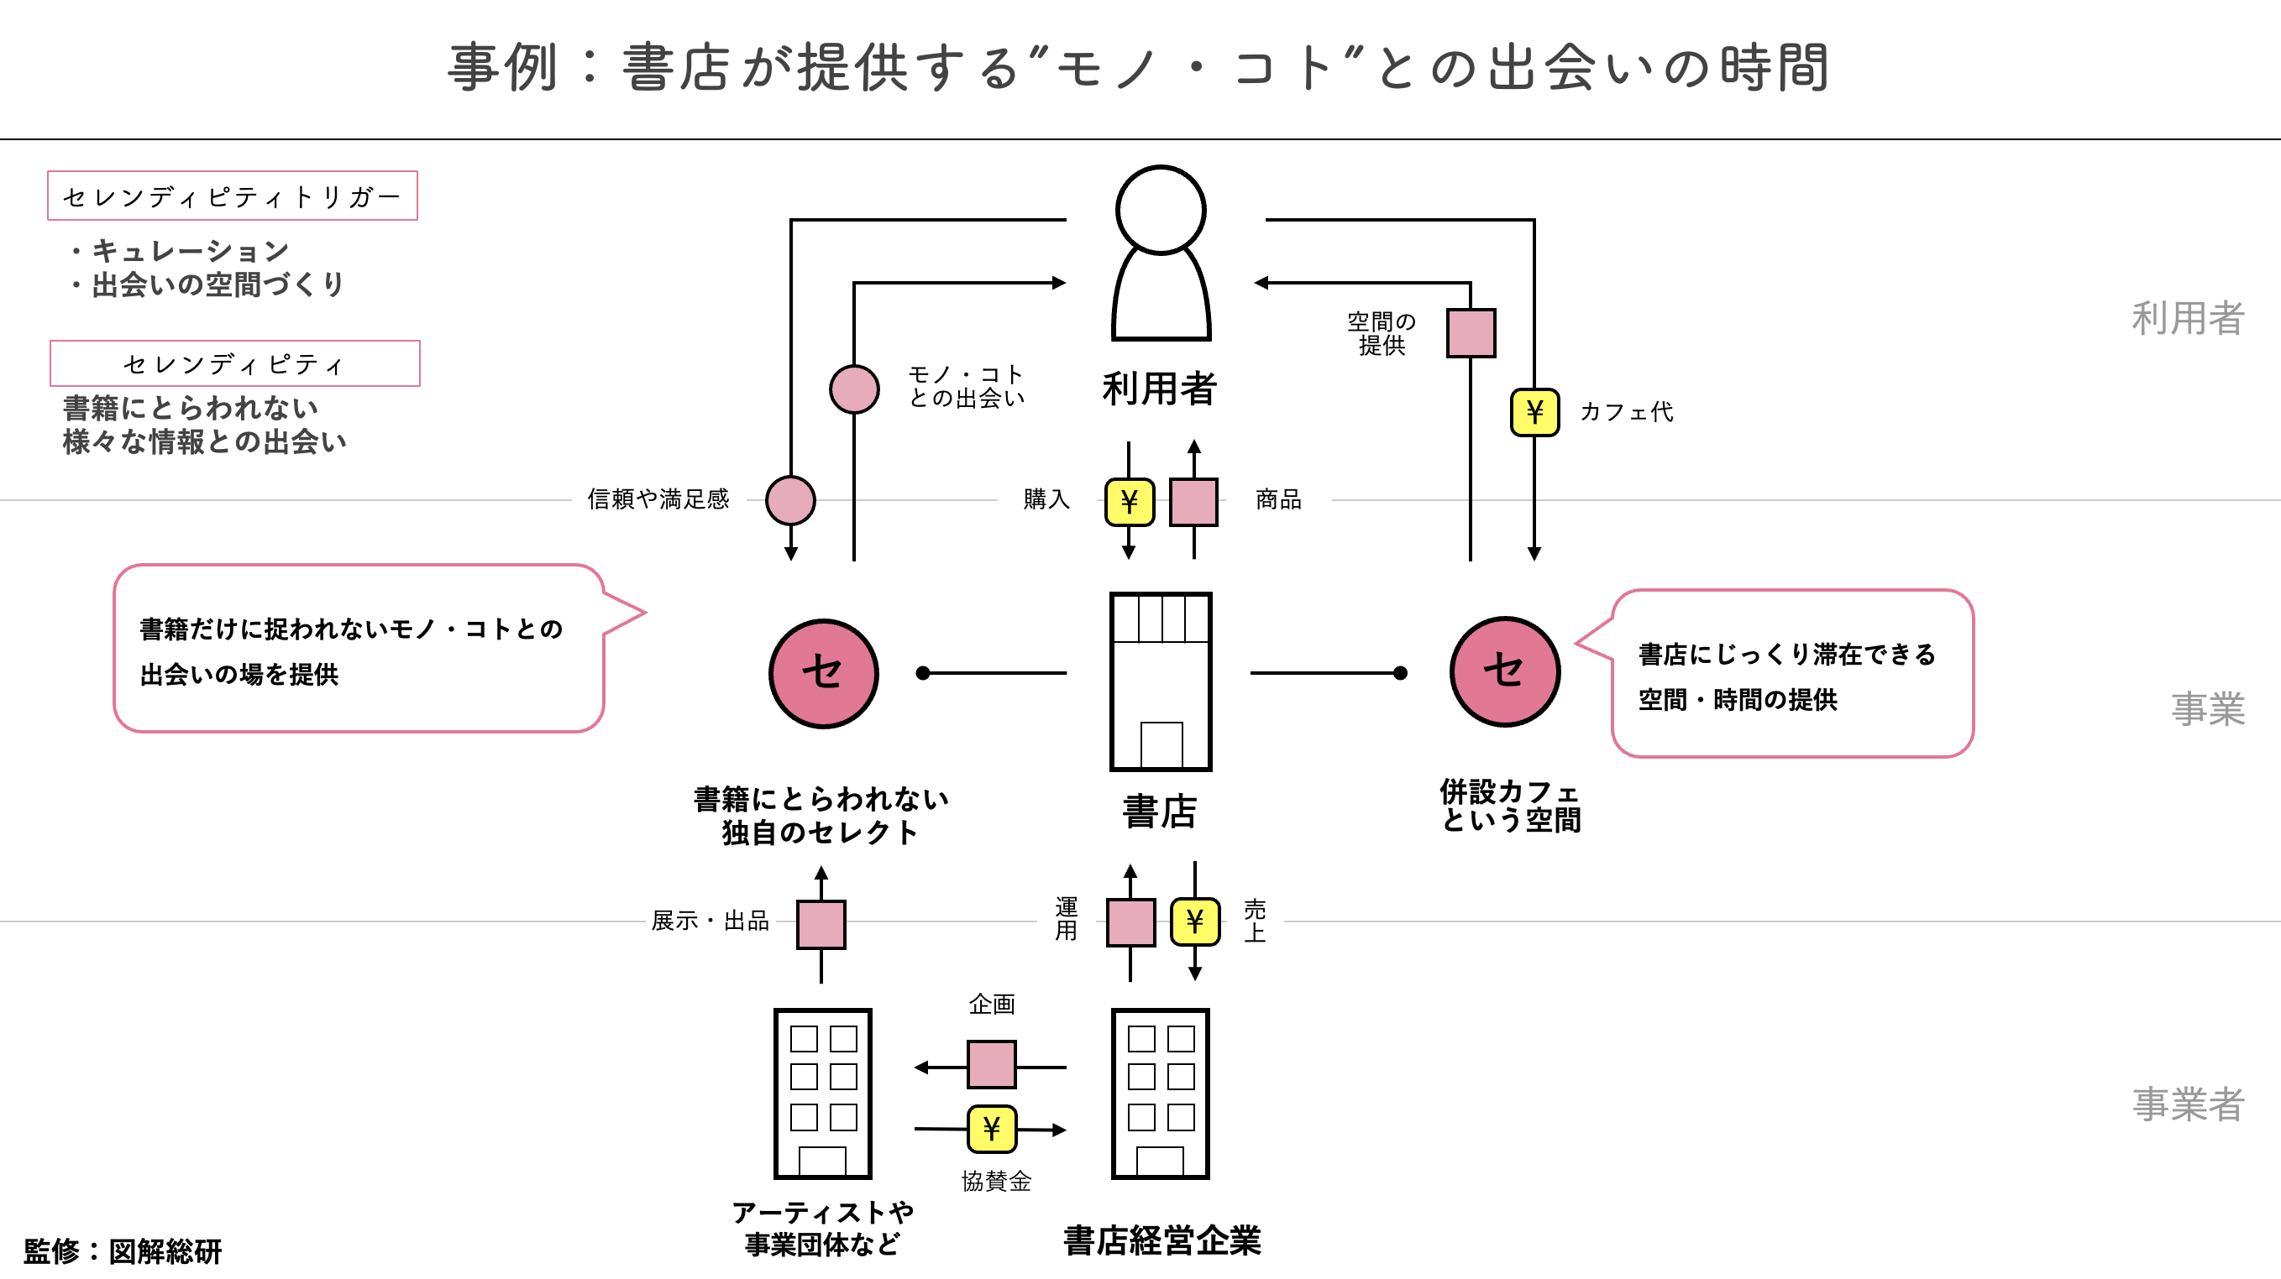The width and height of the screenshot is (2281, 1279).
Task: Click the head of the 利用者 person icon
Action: pyautogui.click(x=1160, y=211)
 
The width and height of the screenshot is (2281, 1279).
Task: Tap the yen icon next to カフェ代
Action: pyautogui.click(x=1534, y=411)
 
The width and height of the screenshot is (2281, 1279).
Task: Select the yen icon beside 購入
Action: pyautogui.click(x=1129, y=502)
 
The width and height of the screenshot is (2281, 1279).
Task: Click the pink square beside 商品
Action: pyautogui.click(x=1193, y=502)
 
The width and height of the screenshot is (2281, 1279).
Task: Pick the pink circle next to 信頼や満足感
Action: pyautogui.click(x=789, y=500)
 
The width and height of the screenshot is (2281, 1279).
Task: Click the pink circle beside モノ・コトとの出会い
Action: pyautogui.click(x=853, y=389)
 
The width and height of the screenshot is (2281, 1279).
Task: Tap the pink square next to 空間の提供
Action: pyautogui.click(x=1471, y=333)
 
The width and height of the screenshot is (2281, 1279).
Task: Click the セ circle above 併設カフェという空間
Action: pyautogui.click(x=1504, y=671)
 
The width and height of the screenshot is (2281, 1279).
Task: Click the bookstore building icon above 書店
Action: pyautogui.click(x=1160, y=681)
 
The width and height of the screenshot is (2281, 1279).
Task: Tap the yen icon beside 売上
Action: pyautogui.click(x=1194, y=921)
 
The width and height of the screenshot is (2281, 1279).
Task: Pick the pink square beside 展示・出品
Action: pyautogui.click(x=821, y=924)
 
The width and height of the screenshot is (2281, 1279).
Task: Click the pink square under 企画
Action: pyautogui.click(x=991, y=1064)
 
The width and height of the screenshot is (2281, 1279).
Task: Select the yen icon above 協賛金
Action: pyautogui.click(x=991, y=1129)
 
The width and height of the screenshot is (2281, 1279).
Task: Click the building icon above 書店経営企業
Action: pyautogui.click(x=1160, y=1094)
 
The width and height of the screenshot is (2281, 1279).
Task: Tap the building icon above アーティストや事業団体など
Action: pyautogui.click(x=822, y=1094)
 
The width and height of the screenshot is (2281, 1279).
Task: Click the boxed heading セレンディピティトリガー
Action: pyautogui.click(x=232, y=196)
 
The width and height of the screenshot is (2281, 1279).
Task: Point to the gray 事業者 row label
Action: pyautogui.click(x=2187, y=1104)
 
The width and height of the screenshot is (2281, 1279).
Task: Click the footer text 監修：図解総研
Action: pyautogui.click(x=123, y=1250)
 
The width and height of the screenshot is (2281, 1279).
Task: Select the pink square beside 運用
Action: pyautogui.click(x=1130, y=922)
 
